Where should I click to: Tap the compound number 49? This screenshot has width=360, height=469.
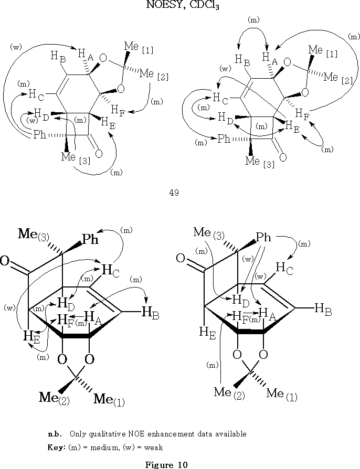[x=174, y=193]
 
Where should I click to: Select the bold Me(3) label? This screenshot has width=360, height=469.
[x=34, y=234]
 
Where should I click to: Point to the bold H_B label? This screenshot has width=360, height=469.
[x=150, y=313]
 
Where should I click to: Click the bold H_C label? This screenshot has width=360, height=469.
[x=110, y=270]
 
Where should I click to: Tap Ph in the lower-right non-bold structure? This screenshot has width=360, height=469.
[x=263, y=238]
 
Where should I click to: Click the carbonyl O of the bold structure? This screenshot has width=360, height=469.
[x=6, y=261]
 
